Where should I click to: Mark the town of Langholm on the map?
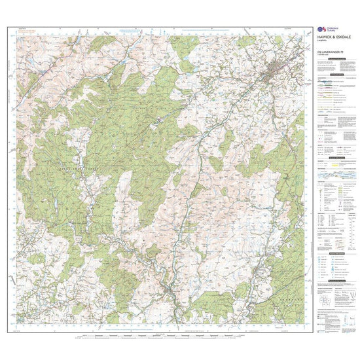[172, 289]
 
